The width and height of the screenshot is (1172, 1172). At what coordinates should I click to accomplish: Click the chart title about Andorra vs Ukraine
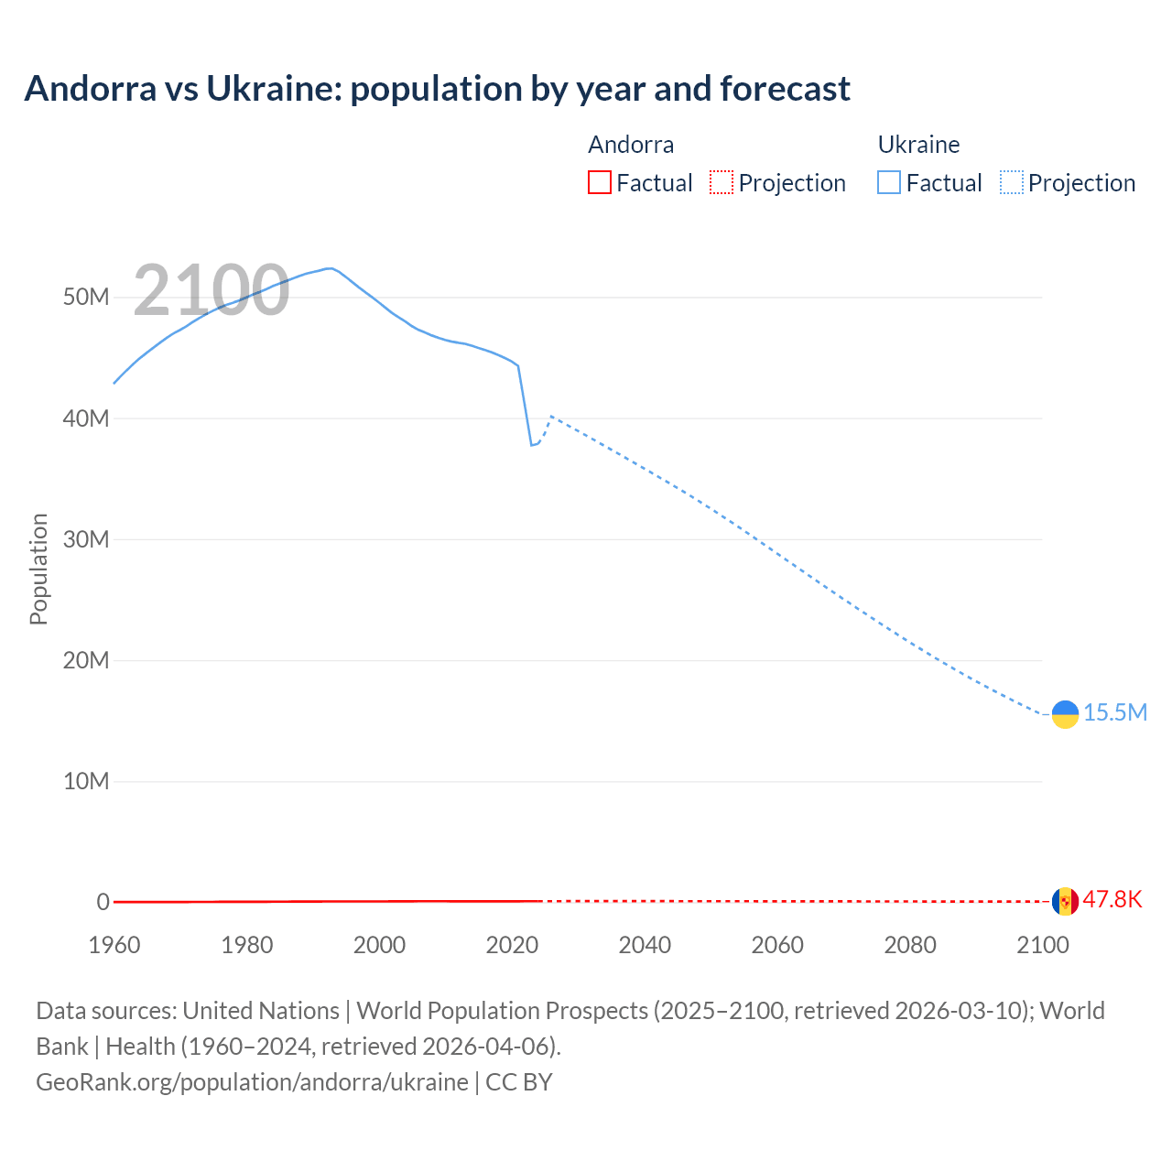tap(437, 89)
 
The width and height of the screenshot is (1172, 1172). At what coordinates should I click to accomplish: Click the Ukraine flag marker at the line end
tap(1065, 714)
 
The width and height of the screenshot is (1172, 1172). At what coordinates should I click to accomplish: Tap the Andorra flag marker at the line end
tap(1065, 901)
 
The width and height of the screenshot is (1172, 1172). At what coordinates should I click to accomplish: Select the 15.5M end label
tap(1114, 712)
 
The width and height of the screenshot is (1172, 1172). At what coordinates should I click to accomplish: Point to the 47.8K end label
tap(1112, 899)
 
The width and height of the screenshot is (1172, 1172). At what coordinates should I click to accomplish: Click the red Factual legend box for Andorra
tap(599, 182)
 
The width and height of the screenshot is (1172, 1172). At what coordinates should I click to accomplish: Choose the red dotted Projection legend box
tap(722, 182)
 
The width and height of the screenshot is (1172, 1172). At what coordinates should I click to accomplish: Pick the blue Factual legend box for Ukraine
tap(888, 182)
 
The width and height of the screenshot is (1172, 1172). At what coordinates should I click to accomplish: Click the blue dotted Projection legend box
tap(1011, 182)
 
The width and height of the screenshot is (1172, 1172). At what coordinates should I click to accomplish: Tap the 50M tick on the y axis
tap(86, 298)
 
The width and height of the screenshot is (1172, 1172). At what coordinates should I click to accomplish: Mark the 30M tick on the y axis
tap(86, 539)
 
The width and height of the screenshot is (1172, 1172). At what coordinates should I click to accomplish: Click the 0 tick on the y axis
tap(103, 902)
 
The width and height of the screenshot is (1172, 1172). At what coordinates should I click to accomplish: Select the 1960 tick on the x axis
tap(114, 945)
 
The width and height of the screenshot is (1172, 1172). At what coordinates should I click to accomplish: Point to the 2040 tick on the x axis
tap(645, 945)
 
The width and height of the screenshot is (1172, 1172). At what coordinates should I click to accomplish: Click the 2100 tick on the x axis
tap(1042, 945)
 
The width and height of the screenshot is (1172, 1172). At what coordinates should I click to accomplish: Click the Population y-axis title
tap(38, 569)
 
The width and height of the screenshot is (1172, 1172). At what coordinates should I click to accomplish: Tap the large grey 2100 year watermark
tap(212, 290)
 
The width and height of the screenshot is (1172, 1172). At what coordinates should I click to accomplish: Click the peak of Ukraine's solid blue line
tap(329, 268)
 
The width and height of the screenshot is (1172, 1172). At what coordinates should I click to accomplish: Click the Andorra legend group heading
tap(631, 145)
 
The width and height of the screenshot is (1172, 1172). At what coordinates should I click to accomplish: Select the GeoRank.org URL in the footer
tap(252, 1081)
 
